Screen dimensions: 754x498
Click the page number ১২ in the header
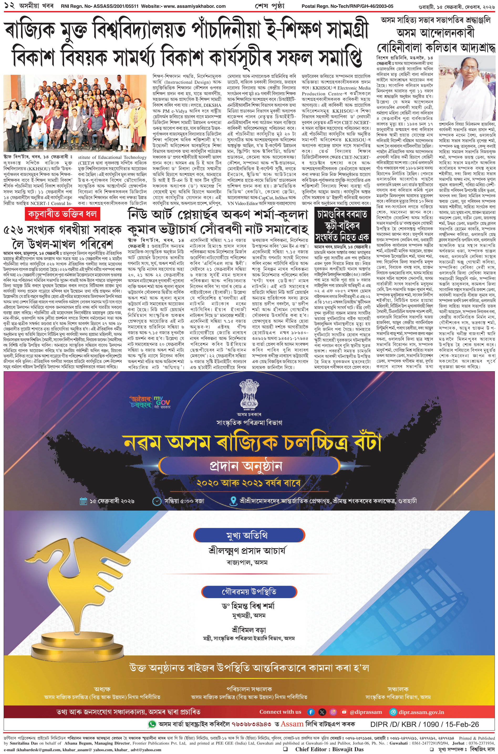coord(7,6)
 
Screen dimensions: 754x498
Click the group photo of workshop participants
coord(75,113)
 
